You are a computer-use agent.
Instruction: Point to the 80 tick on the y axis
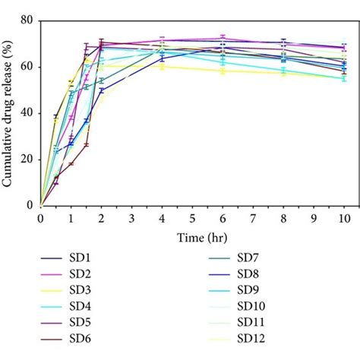(x=28, y=21)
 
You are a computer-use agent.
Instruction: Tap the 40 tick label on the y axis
(x=28, y=113)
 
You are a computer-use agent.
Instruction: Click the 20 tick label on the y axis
(x=28, y=159)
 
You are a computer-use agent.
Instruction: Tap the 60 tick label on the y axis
(x=28, y=67)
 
